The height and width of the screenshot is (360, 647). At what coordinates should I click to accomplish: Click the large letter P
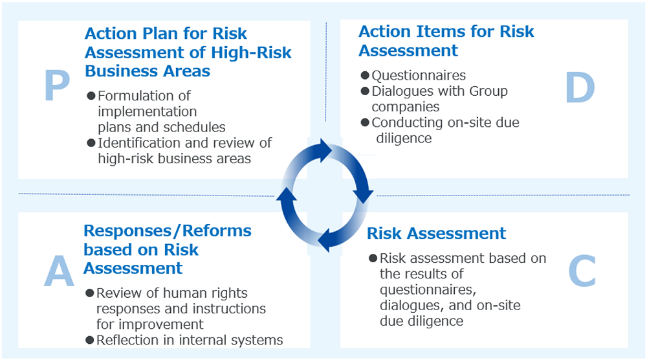coord(57,85)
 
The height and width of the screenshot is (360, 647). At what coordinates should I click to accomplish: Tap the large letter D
coord(580,87)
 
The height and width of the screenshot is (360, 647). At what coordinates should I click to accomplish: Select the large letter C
coord(582,271)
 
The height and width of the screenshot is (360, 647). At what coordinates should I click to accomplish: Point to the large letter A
coord(59,271)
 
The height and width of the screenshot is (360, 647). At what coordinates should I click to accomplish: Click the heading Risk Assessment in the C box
coord(436,233)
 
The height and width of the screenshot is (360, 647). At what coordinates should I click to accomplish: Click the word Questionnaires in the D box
coord(419,75)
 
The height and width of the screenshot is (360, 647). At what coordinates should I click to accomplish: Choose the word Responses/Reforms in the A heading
coord(168,231)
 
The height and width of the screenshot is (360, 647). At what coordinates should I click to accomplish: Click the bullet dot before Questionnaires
coord(365,75)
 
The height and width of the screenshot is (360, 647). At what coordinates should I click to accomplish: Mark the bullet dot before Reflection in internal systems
coord(89,340)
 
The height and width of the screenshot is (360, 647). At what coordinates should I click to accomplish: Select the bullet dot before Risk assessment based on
coord(373,258)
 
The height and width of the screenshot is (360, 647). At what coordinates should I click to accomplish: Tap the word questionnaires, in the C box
coord(428,290)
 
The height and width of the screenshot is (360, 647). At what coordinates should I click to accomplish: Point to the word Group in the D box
coord(488,91)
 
